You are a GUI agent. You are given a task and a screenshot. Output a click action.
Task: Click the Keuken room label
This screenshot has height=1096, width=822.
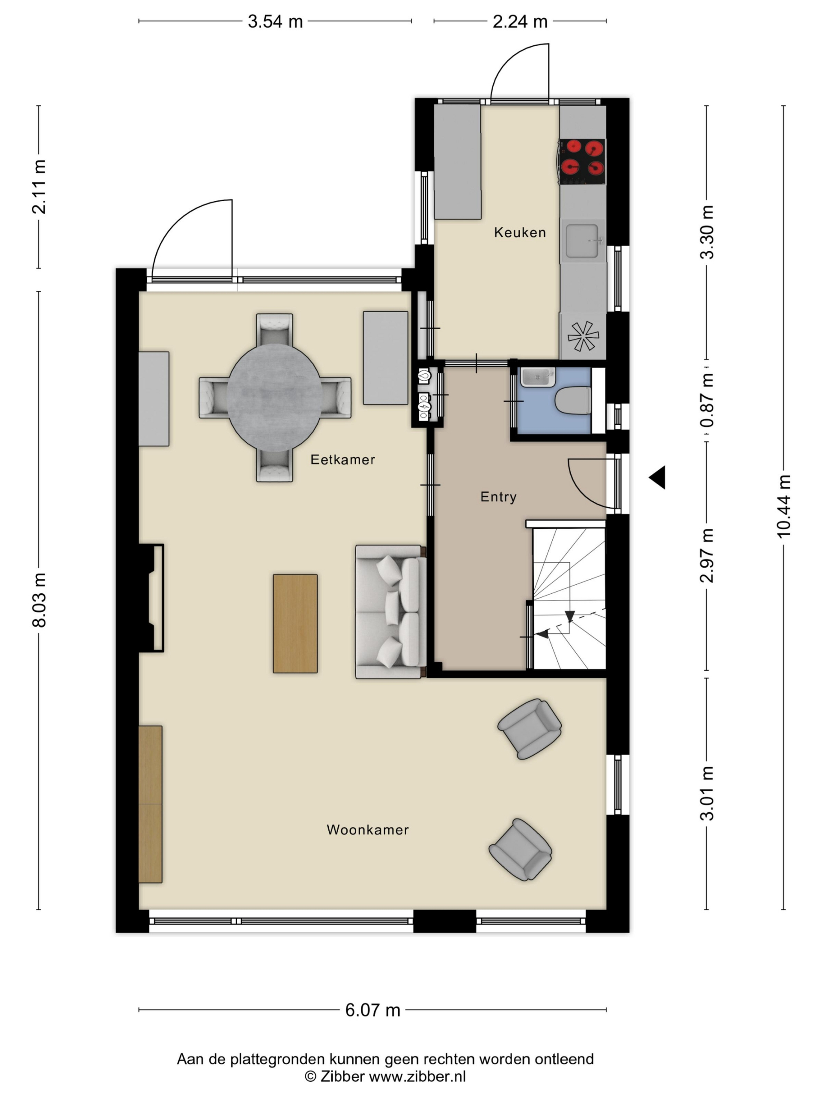point(520,232)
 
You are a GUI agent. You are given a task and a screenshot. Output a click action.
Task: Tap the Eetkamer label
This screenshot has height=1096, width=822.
point(342,459)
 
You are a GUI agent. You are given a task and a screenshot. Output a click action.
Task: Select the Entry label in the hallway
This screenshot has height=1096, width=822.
point(498,497)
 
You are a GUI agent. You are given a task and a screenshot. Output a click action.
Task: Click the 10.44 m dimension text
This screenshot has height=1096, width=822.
point(784,506)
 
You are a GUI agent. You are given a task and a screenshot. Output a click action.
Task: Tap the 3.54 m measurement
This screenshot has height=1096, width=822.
point(275,21)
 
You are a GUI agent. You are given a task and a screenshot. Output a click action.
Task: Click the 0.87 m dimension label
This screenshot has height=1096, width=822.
point(707,400)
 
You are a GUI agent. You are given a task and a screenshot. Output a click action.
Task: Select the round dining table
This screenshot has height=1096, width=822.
point(274,397)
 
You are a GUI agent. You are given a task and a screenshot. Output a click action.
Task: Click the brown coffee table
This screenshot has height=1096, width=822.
point(295,624)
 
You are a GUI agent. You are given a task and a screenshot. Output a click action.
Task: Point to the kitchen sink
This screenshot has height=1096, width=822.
point(583,241)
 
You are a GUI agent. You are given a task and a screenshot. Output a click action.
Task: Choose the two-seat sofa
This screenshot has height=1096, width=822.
point(391,612)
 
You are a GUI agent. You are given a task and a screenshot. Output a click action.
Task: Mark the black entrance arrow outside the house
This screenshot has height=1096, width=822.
point(658,478)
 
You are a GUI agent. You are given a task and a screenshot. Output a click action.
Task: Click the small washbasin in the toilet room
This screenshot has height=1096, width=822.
point(538,377)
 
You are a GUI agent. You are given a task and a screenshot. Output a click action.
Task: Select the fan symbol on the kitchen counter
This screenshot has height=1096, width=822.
point(583,337)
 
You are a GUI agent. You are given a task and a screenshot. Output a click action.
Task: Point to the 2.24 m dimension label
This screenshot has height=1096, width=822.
point(520,21)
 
